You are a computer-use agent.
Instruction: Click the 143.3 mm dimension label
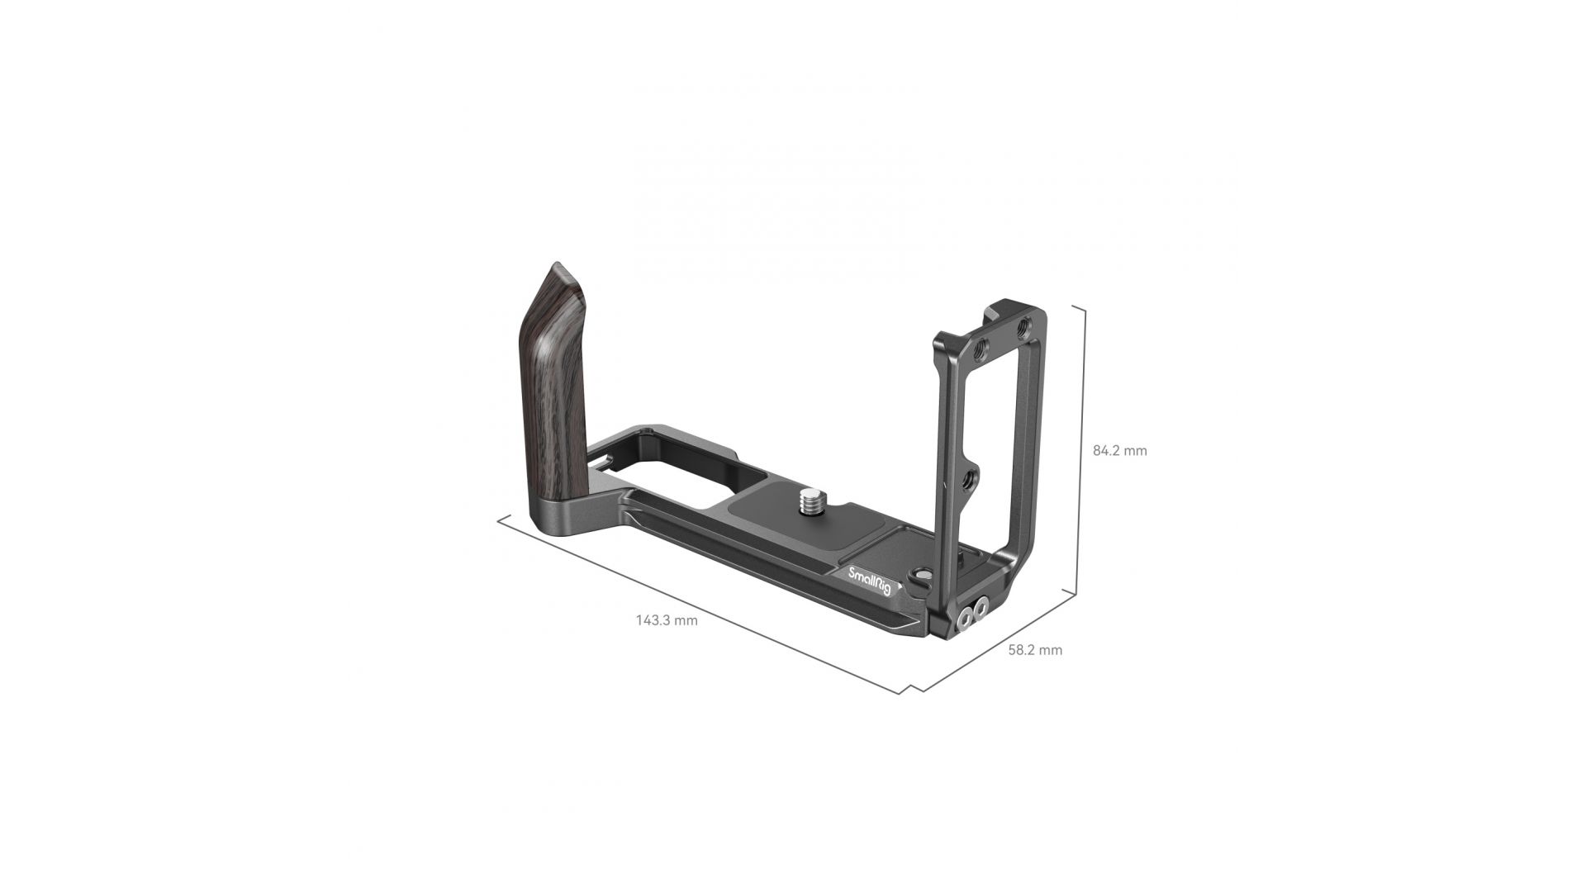coord(667,620)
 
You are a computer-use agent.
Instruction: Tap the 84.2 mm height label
coord(1119,451)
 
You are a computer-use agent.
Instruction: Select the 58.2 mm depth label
coord(1035,650)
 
